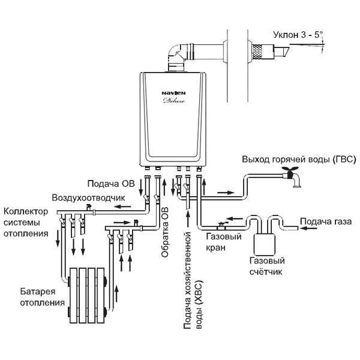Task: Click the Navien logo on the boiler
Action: tap(173, 93)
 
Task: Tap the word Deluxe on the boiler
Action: tap(174, 101)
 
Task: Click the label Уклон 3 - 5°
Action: tap(298, 35)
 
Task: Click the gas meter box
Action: tap(264, 245)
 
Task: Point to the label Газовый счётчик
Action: tap(267, 266)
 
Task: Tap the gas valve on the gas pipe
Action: tap(221, 225)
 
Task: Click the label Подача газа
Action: tap(326, 221)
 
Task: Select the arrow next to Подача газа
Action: tap(308, 228)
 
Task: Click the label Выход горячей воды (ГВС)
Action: tap(299, 160)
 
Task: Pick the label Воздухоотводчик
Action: tap(88, 197)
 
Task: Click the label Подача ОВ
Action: tap(111, 184)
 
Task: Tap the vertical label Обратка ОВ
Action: tap(165, 232)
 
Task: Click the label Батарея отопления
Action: tap(42, 297)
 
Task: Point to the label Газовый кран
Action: tap(224, 242)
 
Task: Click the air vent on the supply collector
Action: tap(88, 207)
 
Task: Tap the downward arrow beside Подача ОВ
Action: tap(141, 188)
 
